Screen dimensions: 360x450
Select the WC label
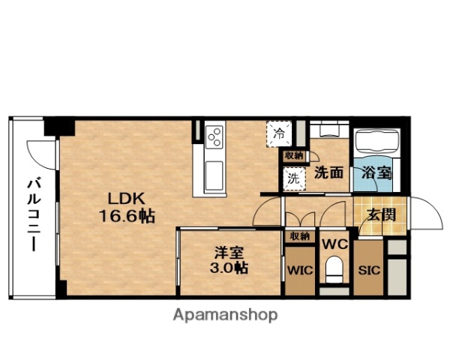[x=334, y=244]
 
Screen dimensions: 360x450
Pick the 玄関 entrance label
[x=381, y=214]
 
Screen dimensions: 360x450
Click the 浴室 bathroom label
[x=376, y=172]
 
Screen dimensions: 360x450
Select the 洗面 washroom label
[x=328, y=172]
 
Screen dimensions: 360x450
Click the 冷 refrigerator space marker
[x=278, y=136]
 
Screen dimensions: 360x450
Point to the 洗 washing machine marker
[x=293, y=179]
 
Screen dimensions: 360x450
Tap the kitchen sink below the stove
[x=212, y=172]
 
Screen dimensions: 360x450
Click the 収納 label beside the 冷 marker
[x=294, y=155]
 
